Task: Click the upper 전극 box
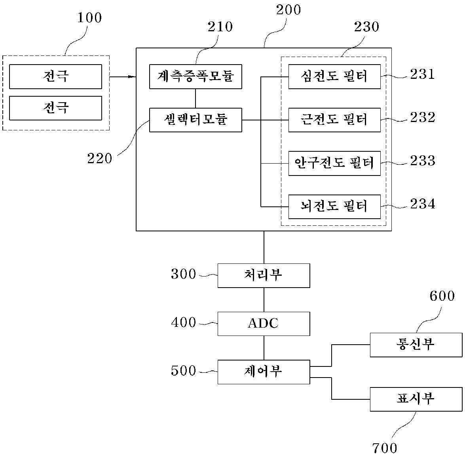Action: pos(55,76)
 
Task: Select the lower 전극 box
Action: pos(55,108)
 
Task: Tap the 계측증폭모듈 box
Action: pos(195,76)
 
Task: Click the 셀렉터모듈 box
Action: pos(195,120)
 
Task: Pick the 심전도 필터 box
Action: pos(334,76)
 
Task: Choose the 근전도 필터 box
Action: pos(334,120)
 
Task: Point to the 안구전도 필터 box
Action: pos(334,163)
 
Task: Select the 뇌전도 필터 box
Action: pos(334,206)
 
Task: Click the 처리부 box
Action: pos(264,275)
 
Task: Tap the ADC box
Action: pos(264,324)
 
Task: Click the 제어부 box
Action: pos(264,372)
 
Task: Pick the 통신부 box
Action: pos(416,345)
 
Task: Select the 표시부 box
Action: pos(416,399)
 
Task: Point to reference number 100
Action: pos(89,18)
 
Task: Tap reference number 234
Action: pos(422,204)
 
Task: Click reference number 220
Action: pos(100,159)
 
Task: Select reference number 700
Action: pos(385,448)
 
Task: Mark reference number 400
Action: pos(184,322)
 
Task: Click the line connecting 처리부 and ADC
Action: pos(264,299)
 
